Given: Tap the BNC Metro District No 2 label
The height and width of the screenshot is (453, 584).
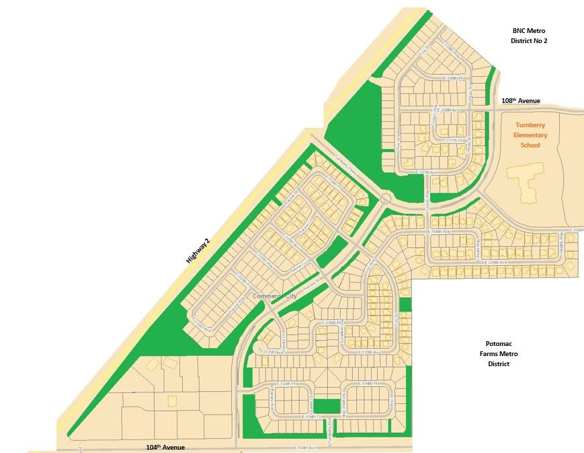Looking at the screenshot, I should (x=530, y=36).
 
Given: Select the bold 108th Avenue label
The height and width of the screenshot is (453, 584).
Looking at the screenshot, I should (x=521, y=101).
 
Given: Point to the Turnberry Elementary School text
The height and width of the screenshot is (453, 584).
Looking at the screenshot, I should (x=530, y=135).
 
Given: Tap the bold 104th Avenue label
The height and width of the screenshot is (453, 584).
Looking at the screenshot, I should (x=165, y=447).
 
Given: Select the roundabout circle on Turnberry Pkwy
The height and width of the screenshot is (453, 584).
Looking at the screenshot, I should (x=386, y=199).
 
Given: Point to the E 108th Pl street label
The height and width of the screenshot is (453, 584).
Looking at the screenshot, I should (x=455, y=79).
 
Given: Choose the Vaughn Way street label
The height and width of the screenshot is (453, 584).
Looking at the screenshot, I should (x=561, y=239).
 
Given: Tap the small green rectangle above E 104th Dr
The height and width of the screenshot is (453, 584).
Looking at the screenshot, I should (x=328, y=407).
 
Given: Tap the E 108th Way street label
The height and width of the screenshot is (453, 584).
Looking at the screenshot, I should (x=451, y=50).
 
